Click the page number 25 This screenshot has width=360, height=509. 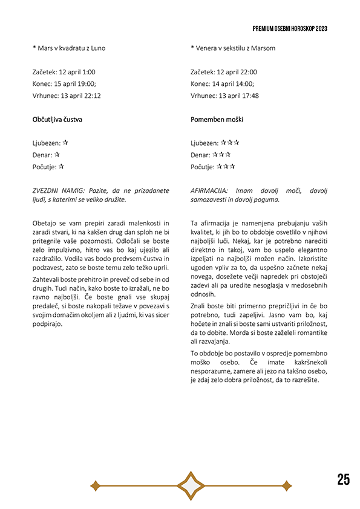pos(343,480)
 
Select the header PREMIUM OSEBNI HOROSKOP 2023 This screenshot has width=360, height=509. pos(290,28)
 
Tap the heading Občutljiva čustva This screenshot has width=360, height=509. pos(57,120)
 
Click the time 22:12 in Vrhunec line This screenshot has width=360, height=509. pos(91,96)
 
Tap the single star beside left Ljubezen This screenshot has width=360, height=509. pos(65,143)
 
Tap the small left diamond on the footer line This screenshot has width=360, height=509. pos(94,485)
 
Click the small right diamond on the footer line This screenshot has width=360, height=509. pos(286,485)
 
